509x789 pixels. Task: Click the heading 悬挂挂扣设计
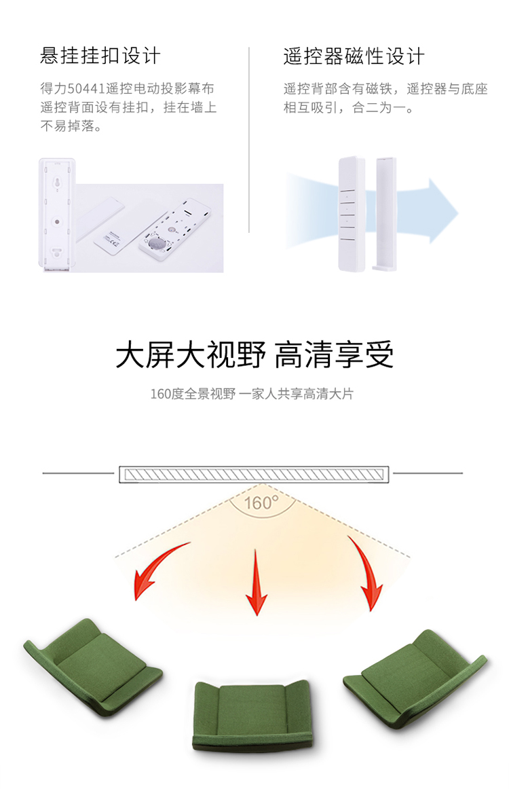(x=100, y=56)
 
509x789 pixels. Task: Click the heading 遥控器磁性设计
(x=354, y=56)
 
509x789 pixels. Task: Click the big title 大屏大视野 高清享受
(x=254, y=354)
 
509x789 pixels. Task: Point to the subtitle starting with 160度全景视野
(x=252, y=394)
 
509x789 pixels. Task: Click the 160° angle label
(x=261, y=502)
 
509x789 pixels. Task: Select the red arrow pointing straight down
(x=257, y=582)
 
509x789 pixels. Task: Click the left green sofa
(x=92, y=667)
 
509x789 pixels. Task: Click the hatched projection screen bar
(x=254, y=475)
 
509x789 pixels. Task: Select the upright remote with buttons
(x=351, y=214)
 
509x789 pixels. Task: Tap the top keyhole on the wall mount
(x=57, y=183)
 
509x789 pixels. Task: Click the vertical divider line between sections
(x=249, y=140)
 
